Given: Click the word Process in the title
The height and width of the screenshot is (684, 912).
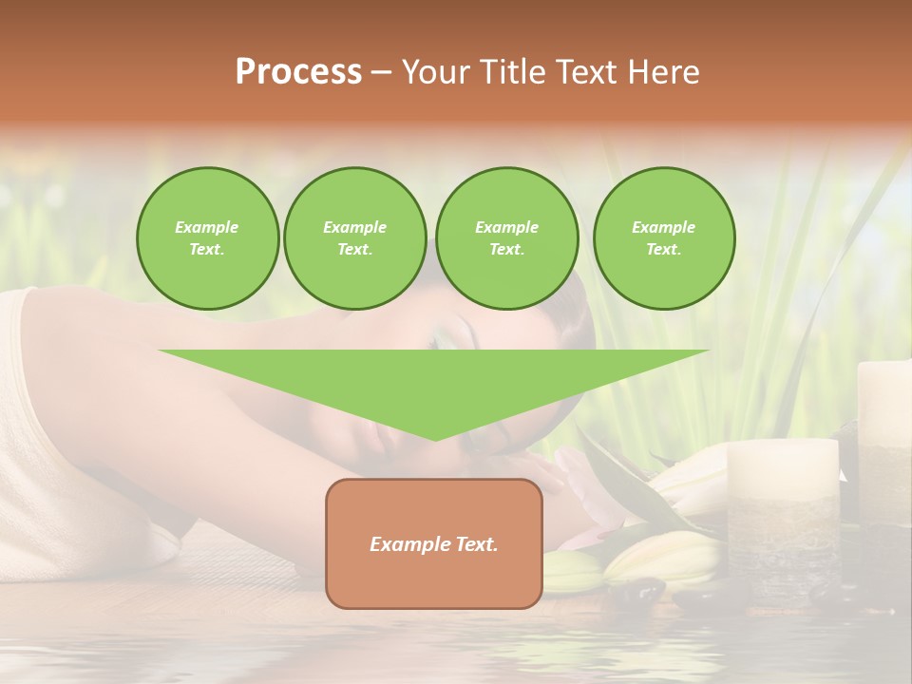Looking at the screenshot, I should (298, 72).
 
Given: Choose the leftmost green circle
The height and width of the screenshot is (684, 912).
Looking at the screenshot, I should (207, 238).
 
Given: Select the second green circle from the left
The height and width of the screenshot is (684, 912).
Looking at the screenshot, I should (354, 238).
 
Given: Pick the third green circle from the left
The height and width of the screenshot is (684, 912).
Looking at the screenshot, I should (506, 238).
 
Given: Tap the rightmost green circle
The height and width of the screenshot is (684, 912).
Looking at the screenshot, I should (663, 238).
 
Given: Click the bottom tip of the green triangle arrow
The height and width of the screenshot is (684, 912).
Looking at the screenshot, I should (435, 438).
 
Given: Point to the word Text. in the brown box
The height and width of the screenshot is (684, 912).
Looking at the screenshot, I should (476, 544).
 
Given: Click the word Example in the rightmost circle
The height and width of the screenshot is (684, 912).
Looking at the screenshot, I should (663, 227).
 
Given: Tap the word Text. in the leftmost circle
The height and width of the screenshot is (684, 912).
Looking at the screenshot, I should (207, 250).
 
